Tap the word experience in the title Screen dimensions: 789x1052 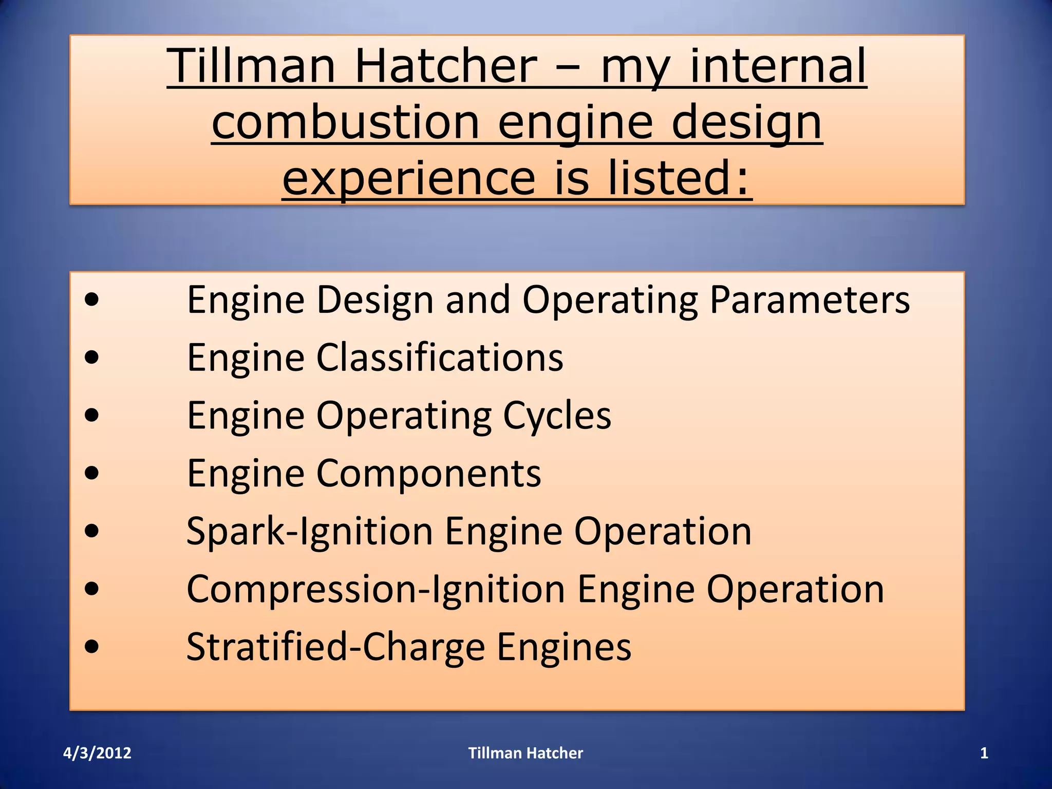[x=409, y=178]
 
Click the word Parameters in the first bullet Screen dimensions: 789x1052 [x=810, y=300]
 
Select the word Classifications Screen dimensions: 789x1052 [x=440, y=358]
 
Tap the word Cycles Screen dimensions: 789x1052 [x=557, y=416]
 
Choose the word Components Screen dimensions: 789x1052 [x=428, y=473]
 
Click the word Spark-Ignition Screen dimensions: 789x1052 [x=310, y=531]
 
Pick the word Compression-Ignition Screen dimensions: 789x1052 [x=376, y=589]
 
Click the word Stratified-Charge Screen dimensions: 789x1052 [x=336, y=647]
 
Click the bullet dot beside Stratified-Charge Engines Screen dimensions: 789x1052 [x=92, y=646]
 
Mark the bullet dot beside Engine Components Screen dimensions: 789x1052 [x=92, y=473]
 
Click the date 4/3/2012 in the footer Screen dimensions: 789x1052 [x=97, y=753]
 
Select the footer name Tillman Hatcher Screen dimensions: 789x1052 [x=525, y=753]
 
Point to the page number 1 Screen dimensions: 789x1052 [x=984, y=753]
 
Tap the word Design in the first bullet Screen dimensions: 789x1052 [x=375, y=300]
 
